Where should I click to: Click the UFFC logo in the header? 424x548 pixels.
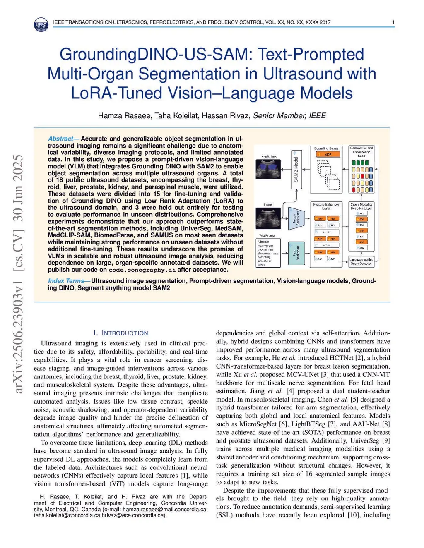click(x=41, y=24)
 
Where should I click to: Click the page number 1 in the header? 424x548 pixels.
click(x=393, y=22)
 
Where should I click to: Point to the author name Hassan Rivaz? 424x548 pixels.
click(x=226, y=116)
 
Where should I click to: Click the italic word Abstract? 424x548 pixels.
click(x=60, y=139)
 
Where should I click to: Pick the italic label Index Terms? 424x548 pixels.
click(x=66, y=281)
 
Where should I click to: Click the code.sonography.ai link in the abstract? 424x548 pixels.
click(x=142, y=270)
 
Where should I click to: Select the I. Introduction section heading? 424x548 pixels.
click(x=121, y=333)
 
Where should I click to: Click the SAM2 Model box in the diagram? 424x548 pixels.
click(x=296, y=169)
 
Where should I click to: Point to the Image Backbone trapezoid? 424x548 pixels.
click(x=296, y=218)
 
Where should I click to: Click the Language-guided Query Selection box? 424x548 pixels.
click(x=361, y=261)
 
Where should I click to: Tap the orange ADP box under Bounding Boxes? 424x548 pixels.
click(x=328, y=155)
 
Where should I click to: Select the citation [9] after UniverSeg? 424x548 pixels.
click(x=385, y=441)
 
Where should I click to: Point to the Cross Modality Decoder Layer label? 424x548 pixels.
click(x=361, y=206)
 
